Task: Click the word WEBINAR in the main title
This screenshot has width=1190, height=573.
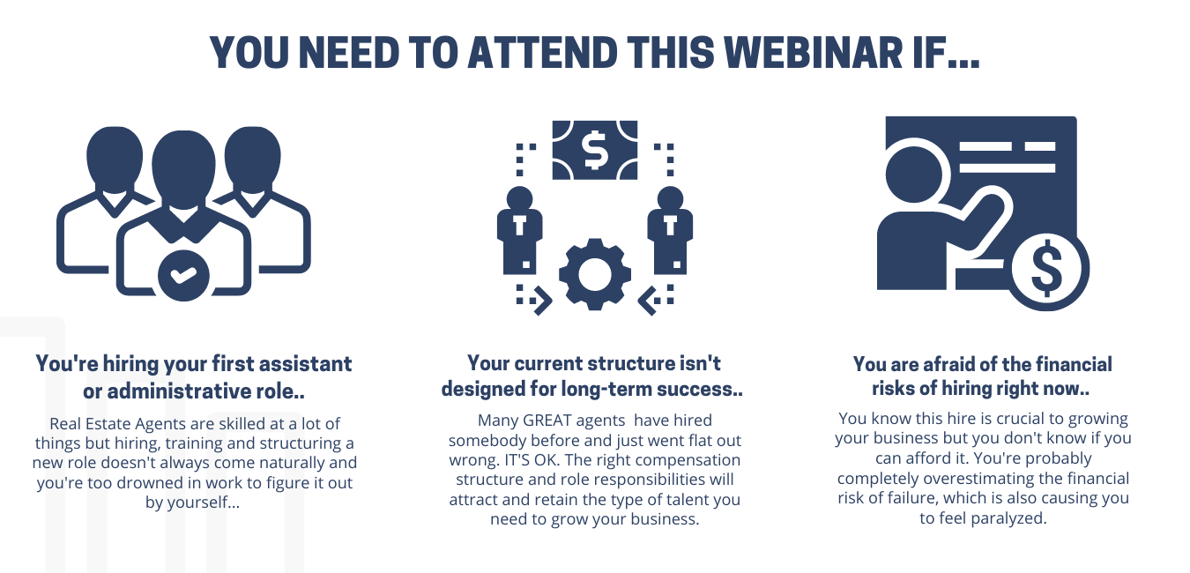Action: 814,53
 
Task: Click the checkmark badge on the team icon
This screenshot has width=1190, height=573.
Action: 183,275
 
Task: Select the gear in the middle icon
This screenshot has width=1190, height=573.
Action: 594,274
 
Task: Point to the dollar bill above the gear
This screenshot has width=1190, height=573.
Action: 594,150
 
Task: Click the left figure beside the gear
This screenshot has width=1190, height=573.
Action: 519,230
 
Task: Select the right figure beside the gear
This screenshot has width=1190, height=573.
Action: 670,230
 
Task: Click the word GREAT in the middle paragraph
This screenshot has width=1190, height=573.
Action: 547,420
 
